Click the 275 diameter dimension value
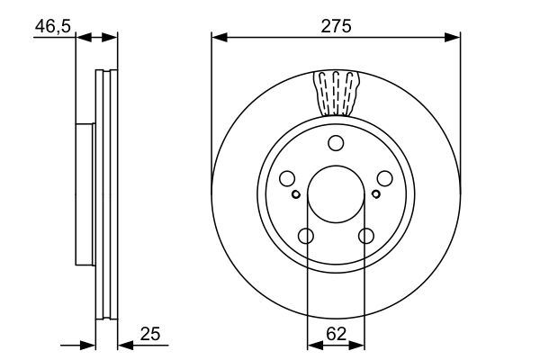[x=336, y=26]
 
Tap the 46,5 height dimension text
[x=52, y=26]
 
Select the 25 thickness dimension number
[x=150, y=335]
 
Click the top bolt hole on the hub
[x=336, y=142]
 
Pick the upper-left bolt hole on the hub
[x=287, y=178]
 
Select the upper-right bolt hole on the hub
[x=384, y=178]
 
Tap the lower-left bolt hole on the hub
[x=305, y=236]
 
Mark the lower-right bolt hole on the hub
[x=366, y=236]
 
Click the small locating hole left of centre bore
[x=296, y=193]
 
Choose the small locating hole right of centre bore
[x=375, y=193]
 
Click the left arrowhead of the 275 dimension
[x=218, y=37]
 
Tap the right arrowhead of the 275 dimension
[x=454, y=37]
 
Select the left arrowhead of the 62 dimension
[x=313, y=344]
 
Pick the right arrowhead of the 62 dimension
[x=358, y=344]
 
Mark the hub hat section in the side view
[x=85, y=193]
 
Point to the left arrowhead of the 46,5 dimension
[x=83, y=37]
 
